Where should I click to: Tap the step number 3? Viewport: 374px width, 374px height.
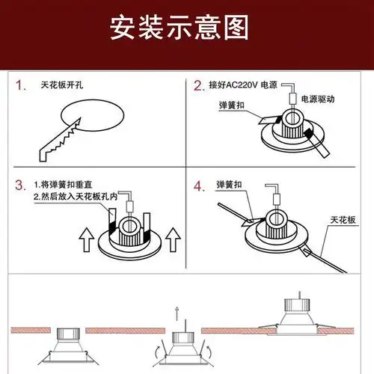(20, 185)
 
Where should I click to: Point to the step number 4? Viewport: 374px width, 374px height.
(199, 185)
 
